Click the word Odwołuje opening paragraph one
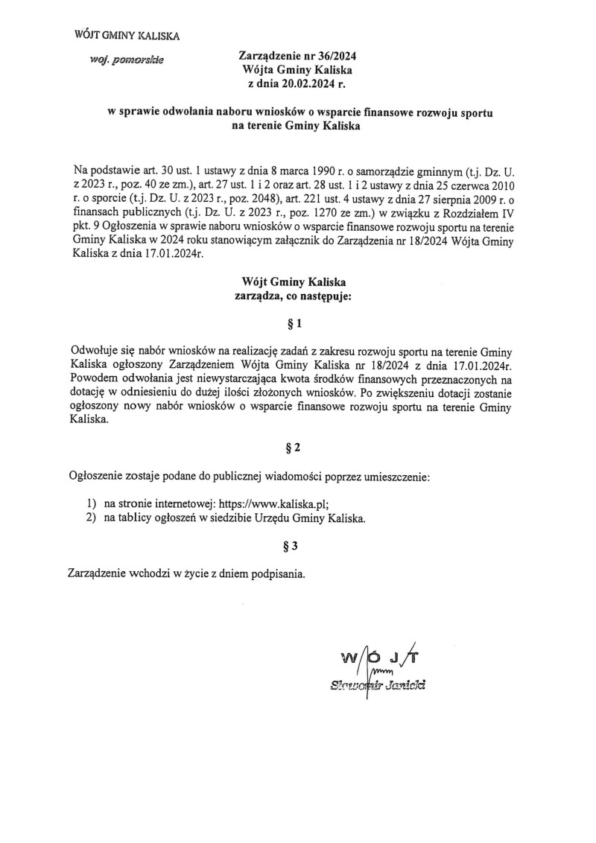tap(94, 351)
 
